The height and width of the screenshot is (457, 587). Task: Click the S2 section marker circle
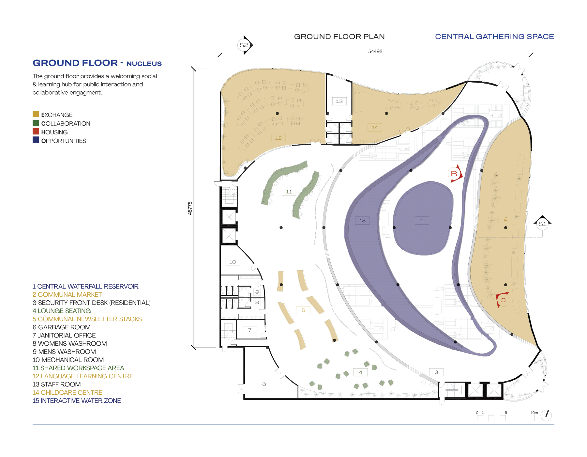tap(244, 45)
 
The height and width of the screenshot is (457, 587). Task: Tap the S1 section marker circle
tap(542, 224)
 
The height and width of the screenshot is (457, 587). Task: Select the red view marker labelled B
tap(454, 174)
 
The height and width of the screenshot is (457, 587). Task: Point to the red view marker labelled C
tap(503, 300)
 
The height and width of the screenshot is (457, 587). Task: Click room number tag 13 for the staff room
tap(339, 101)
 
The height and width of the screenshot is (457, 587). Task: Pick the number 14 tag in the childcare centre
tap(375, 128)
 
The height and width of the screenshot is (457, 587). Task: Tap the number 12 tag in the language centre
tap(278, 138)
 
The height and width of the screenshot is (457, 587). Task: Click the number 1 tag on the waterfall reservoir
tap(422, 221)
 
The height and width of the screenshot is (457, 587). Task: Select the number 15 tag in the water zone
tap(362, 221)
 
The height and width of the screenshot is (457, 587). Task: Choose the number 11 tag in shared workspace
tap(289, 192)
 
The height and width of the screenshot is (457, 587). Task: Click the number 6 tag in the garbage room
tap(264, 384)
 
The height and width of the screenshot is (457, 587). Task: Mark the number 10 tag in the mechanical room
tap(233, 262)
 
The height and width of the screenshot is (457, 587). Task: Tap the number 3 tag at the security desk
tap(436, 372)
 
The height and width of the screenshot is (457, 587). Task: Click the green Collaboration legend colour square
tap(36, 123)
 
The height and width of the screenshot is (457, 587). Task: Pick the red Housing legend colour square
tap(36, 132)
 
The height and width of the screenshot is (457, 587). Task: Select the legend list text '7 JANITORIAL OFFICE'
tap(64, 335)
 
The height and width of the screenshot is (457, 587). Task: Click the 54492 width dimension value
tap(375, 51)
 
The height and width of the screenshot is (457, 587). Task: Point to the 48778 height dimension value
tap(190, 208)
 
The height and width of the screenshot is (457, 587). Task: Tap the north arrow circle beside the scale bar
tap(546, 415)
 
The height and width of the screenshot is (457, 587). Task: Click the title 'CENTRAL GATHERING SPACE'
tap(494, 37)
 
